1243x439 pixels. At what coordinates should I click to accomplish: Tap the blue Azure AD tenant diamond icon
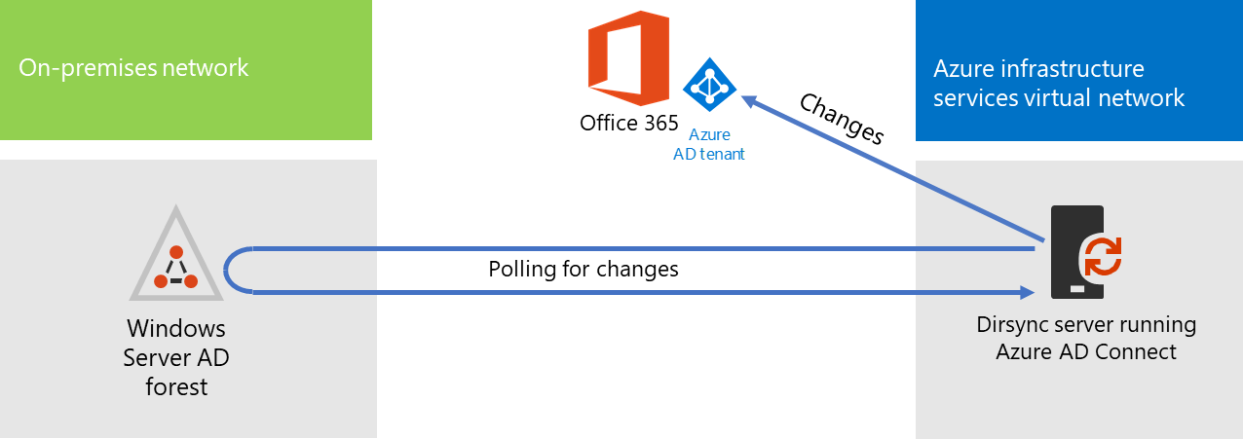click(709, 88)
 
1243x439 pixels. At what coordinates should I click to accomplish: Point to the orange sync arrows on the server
click(1104, 257)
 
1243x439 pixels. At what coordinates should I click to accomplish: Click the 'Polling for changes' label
click(583, 269)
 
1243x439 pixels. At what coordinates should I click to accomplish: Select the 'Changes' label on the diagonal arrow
click(841, 119)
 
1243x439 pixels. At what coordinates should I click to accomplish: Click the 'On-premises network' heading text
click(133, 68)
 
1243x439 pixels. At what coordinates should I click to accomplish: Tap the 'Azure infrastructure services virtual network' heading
click(1058, 84)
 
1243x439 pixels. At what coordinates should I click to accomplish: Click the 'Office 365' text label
click(628, 123)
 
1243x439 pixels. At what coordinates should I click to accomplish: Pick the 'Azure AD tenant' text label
click(709, 144)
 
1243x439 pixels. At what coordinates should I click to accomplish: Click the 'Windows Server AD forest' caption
click(176, 357)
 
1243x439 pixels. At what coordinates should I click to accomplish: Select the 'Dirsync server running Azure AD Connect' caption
click(1086, 338)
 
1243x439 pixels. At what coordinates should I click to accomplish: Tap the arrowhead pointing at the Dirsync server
click(1025, 291)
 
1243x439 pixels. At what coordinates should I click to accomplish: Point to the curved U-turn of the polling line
click(229, 270)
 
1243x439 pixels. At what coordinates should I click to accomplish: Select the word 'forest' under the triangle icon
click(176, 386)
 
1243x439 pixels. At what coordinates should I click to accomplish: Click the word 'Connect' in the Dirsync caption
click(1139, 351)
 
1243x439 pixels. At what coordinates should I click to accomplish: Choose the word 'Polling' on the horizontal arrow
click(521, 269)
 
